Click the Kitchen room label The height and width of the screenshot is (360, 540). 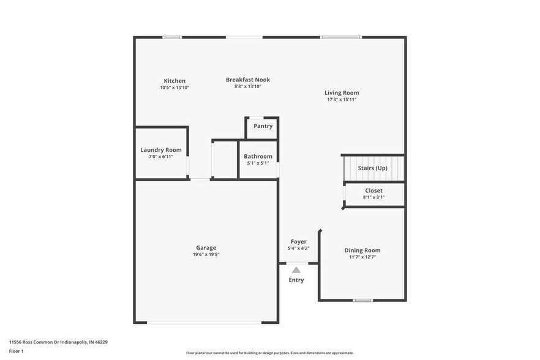coord(174,81)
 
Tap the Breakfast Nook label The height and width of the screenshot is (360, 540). coord(247,80)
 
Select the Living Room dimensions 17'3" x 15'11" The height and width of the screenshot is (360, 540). coord(342,99)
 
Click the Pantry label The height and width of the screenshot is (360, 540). coord(263,126)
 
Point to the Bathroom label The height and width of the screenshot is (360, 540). coord(258,156)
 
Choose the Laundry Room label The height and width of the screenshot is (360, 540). coord(161,149)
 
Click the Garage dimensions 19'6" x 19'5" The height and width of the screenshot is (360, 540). coord(206,254)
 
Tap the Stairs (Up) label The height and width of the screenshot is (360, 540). coord(373,168)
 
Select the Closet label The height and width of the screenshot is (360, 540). coord(373,190)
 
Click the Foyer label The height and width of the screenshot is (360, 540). coord(298,241)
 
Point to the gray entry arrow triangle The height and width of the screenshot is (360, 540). coord(296,269)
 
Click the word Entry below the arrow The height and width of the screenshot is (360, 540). coord(296,280)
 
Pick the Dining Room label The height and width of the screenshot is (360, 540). coord(362,250)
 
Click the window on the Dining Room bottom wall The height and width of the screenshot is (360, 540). coord(363,300)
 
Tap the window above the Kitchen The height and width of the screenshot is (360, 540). coord(172,37)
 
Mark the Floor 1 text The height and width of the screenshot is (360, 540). coord(17,351)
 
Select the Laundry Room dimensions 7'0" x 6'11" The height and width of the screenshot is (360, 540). coord(161,157)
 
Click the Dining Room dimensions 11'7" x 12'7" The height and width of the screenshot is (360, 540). coord(362,257)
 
